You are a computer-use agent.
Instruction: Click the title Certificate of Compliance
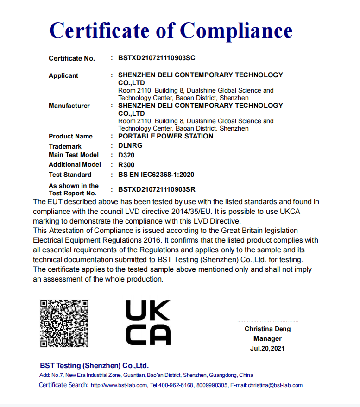pyautogui.click(x=171, y=31)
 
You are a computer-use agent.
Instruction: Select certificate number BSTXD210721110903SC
pyautogui.click(x=157, y=58)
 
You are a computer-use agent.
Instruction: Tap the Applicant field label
pyautogui.click(x=63, y=75)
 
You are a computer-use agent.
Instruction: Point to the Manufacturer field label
pyautogui.click(x=69, y=106)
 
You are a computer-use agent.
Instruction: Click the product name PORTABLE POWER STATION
pyautogui.click(x=166, y=136)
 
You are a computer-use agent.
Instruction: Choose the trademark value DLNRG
pyautogui.click(x=130, y=145)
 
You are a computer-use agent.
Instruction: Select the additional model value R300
pyautogui.click(x=126, y=164)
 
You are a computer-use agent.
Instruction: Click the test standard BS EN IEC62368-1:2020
pyautogui.click(x=156, y=175)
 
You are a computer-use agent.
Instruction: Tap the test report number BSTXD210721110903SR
pyautogui.click(x=157, y=189)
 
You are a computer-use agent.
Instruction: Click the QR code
pyautogui.click(x=64, y=323)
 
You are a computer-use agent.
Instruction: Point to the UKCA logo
pyautogui.click(x=148, y=322)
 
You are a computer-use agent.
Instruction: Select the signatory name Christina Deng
pyautogui.click(x=268, y=329)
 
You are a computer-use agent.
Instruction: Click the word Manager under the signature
pyautogui.click(x=267, y=338)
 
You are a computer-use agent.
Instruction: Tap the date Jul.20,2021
pyautogui.click(x=267, y=348)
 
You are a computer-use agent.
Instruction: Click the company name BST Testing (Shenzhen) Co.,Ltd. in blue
pyautogui.click(x=94, y=365)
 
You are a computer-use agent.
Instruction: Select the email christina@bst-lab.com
pyautogui.click(x=275, y=385)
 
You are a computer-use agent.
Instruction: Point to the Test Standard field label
pyautogui.click(x=70, y=175)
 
